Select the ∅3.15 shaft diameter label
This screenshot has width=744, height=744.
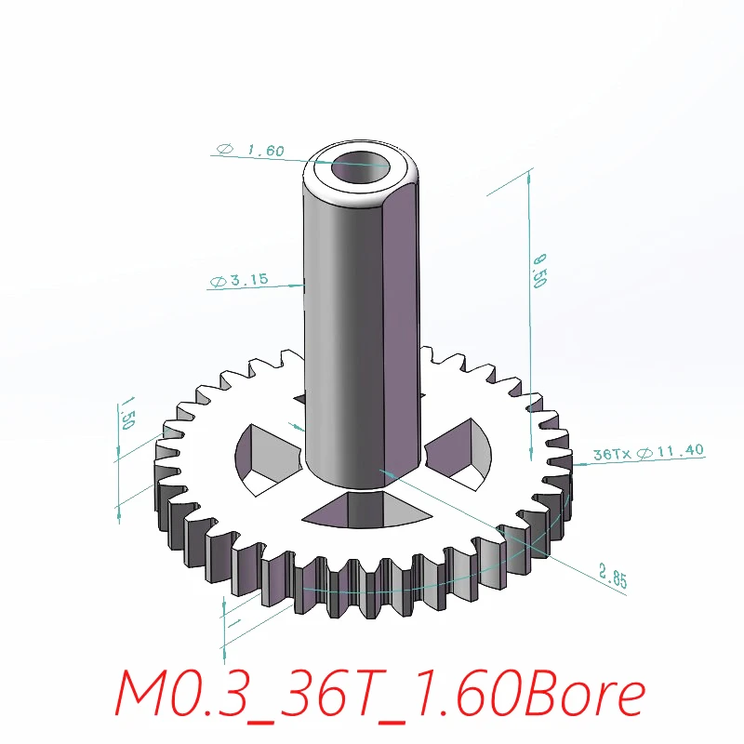point(240,280)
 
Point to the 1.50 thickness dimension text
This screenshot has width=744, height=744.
point(127,416)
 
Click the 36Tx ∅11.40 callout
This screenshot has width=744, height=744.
point(648,453)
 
